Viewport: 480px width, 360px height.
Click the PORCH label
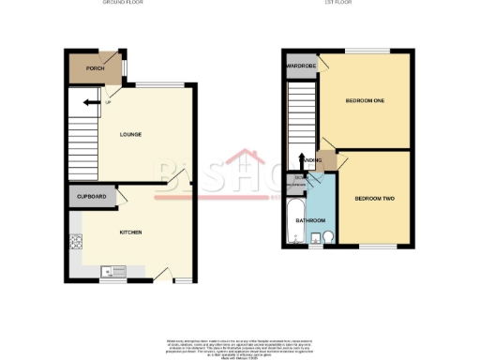(x=95, y=68)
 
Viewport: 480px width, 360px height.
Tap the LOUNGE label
(x=130, y=134)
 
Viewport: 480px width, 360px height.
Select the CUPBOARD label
(x=91, y=198)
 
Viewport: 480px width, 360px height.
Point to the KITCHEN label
(x=129, y=232)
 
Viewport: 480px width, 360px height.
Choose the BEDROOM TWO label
(x=373, y=199)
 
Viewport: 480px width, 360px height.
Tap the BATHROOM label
(x=310, y=221)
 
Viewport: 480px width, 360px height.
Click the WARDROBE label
(x=301, y=67)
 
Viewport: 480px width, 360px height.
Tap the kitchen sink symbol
(x=115, y=272)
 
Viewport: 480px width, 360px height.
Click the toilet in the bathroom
(x=327, y=236)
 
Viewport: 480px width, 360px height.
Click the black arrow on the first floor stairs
(x=302, y=160)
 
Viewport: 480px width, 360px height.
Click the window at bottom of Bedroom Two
(x=375, y=248)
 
